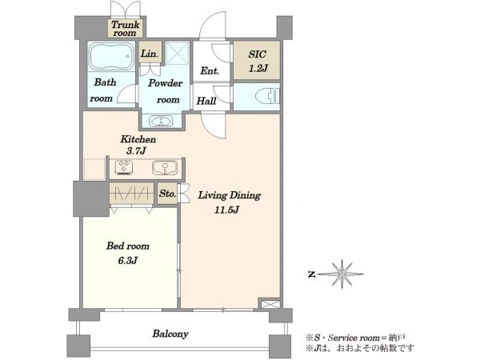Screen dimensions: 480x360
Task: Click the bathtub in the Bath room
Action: coord(112,56)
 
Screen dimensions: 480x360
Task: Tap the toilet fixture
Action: coord(267,96)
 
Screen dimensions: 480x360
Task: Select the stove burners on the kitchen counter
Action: coord(124,167)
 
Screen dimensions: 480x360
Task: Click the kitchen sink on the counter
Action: coord(165,167)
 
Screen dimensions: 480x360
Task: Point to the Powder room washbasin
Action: coord(161,121)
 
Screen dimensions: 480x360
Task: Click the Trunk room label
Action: coord(125,29)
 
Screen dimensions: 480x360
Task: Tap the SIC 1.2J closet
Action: coord(257,60)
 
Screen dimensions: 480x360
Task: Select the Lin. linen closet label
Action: coord(150,54)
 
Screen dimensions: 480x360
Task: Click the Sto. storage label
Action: coord(167,194)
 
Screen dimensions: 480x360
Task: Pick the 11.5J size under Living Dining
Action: coord(226,210)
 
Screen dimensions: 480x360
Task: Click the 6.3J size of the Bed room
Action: coord(127,261)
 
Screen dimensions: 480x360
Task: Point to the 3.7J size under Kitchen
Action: coord(136,151)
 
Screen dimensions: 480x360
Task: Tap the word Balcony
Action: coord(170,334)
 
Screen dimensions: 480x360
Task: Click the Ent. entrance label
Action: coord(210,71)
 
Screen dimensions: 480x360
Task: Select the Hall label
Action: coord(206,101)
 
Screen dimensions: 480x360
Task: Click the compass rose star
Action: coord(342,274)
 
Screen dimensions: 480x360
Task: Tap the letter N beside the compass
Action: coord(311,274)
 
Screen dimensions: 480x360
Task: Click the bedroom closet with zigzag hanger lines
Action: coord(131,193)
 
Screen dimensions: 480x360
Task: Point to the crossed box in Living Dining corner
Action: coord(270,304)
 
